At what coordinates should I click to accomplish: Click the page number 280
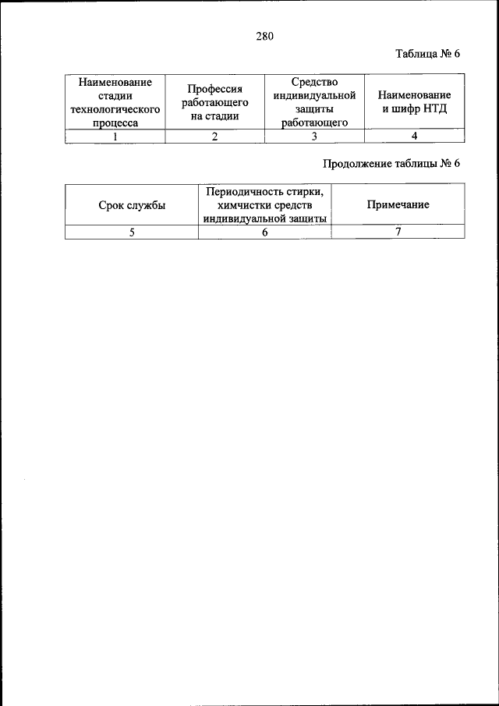pyautogui.click(x=264, y=35)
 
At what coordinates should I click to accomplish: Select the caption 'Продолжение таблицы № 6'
pyautogui.click(x=393, y=164)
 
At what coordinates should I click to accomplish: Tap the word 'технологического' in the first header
pyautogui.click(x=115, y=109)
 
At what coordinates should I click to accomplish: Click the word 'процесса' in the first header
pyautogui.click(x=115, y=122)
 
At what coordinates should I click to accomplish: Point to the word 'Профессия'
pyautogui.click(x=214, y=90)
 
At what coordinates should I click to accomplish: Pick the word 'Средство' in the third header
pyautogui.click(x=314, y=82)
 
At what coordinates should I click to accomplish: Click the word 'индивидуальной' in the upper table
pyautogui.click(x=314, y=95)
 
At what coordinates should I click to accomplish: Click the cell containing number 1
pyautogui.click(x=115, y=137)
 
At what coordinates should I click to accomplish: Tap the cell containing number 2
pyautogui.click(x=214, y=137)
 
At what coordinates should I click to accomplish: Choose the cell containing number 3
pyautogui.click(x=314, y=137)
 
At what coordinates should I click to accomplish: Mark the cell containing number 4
pyautogui.click(x=415, y=137)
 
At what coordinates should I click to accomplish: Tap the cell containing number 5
pyautogui.click(x=132, y=232)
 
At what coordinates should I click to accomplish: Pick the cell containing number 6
pyautogui.click(x=265, y=232)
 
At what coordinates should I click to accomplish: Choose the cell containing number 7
pyautogui.click(x=398, y=232)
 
